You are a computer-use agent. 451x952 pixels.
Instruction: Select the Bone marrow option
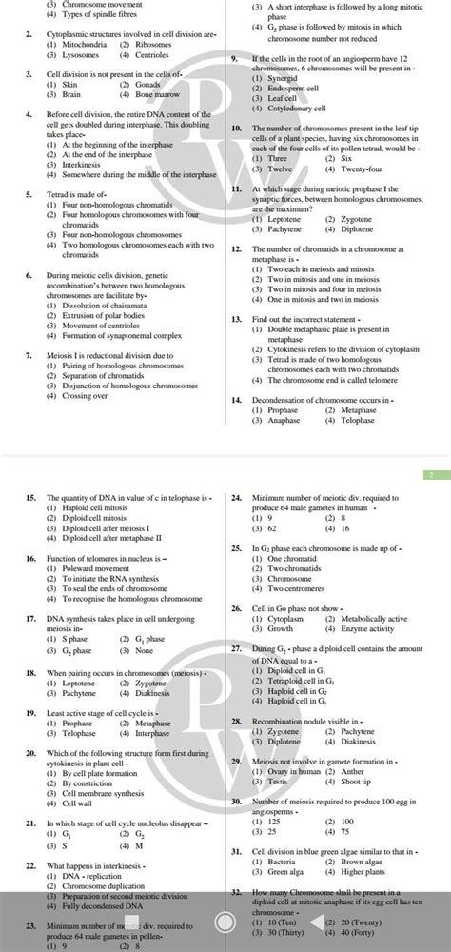click(x=156, y=95)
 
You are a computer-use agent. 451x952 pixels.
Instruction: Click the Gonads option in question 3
click(x=150, y=85)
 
